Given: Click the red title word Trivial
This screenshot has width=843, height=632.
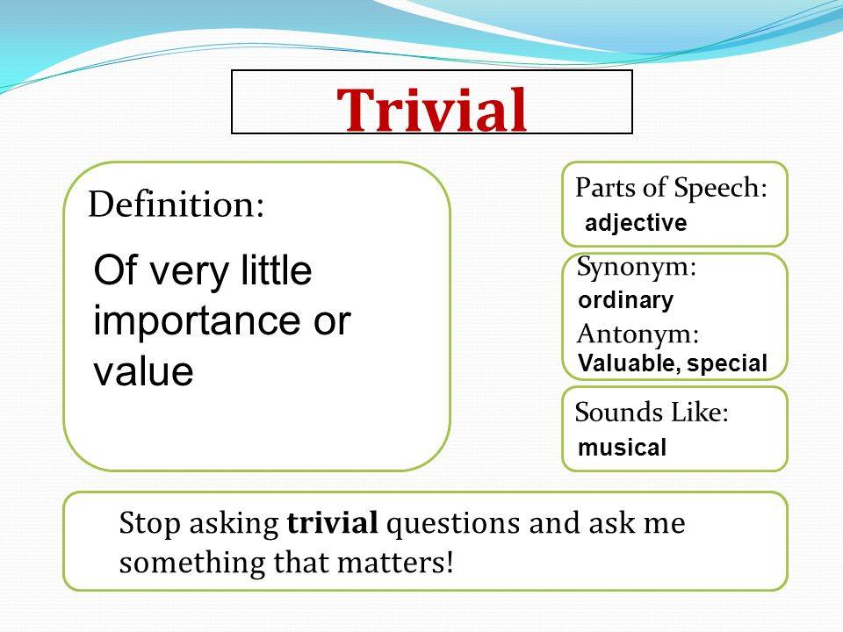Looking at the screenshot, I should pos(433,110).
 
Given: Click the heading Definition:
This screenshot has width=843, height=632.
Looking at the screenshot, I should pos(177,205).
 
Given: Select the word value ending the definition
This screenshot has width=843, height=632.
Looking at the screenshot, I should pos(143,372).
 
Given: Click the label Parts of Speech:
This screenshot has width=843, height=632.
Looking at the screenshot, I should pos(672,187).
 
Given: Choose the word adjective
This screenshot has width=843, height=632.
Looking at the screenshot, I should pos(636,224).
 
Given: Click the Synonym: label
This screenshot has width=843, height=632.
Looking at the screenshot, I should pos(637,268).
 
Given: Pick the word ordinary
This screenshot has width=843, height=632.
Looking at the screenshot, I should pos(626,301).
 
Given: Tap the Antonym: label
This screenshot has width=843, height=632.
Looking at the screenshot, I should pos(638,334).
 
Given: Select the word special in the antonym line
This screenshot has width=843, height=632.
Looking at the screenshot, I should pos(728,363).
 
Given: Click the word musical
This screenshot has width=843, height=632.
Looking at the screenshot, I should pos(623,448).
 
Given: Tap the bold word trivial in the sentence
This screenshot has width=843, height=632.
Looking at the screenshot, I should pos(332,524).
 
